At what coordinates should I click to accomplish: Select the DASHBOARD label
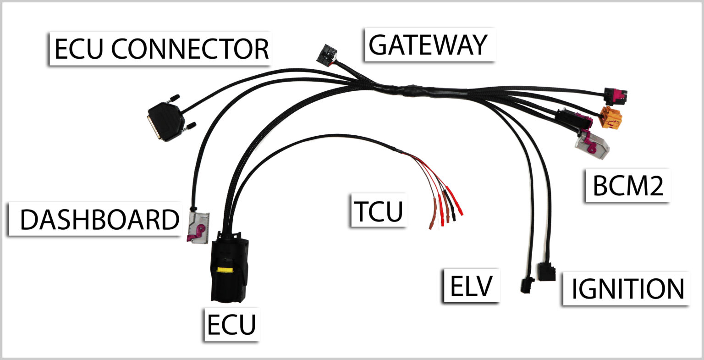99,220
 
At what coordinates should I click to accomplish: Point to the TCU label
378,210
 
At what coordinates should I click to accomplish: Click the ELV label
471,286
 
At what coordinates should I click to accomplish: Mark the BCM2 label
627,186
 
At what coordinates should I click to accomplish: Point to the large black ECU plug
227,271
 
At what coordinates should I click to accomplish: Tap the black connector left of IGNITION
546,271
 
